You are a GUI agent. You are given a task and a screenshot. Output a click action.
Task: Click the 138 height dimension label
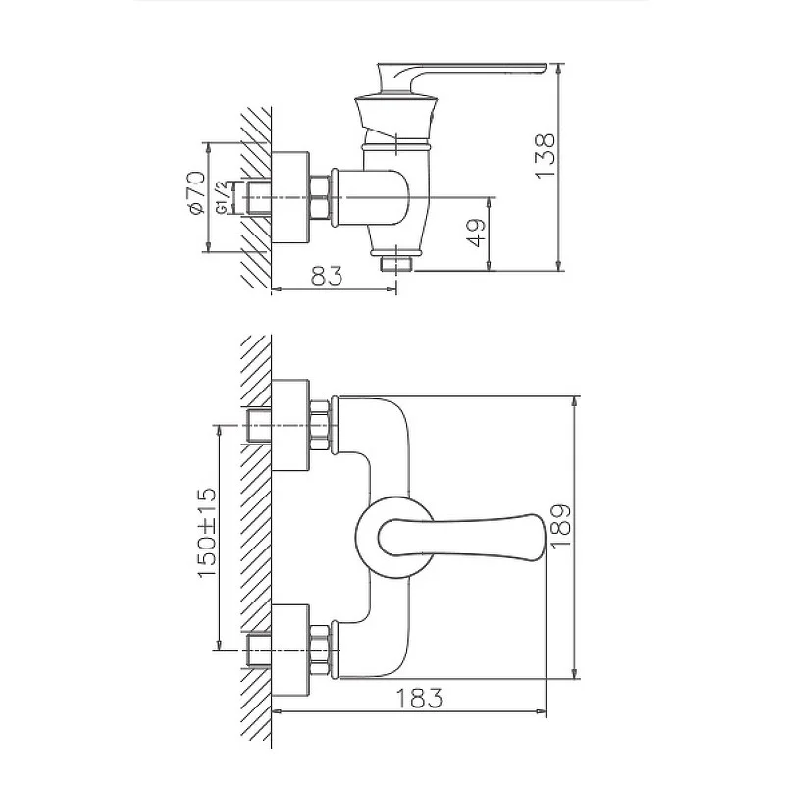click(x=546, y=156)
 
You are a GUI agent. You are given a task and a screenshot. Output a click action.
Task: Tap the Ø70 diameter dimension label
click(x=195, y=192)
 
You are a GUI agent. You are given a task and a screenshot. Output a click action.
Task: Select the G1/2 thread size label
click(x=223, y=198)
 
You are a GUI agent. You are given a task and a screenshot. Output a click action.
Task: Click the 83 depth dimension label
click(x=327, y=276)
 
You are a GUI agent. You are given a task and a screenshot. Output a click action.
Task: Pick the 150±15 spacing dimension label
click(x=207, y=533)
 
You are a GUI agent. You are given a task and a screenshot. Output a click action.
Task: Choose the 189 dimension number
click(x=560, y=527)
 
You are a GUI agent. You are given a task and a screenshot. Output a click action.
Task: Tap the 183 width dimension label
click(x=420, y=699)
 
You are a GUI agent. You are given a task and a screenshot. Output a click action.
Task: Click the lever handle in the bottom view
click(x=460, y=537)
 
